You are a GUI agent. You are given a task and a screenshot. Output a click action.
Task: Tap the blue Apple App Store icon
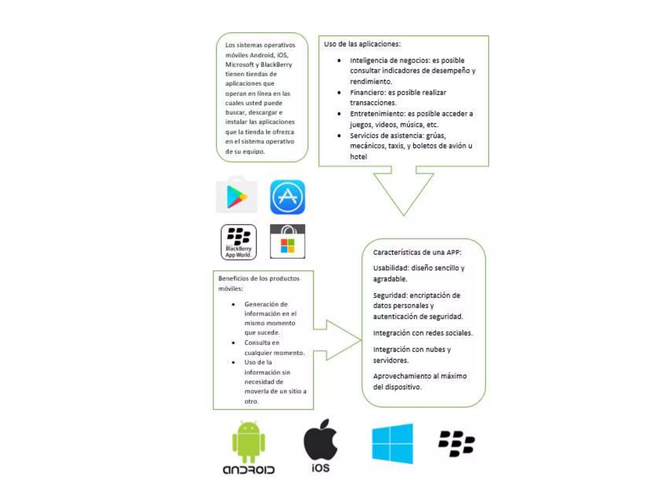[287, 197]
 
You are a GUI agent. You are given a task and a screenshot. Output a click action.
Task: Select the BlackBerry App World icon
[238, 242]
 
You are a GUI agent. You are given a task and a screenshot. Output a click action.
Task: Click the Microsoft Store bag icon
[287, 242]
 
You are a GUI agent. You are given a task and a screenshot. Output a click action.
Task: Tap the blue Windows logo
[392, 443]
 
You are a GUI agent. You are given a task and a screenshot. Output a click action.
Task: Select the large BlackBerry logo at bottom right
[456, 443]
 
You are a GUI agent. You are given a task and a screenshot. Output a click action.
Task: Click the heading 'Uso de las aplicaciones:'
[362, 44]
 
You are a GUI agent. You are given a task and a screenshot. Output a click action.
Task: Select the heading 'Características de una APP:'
[417, 252]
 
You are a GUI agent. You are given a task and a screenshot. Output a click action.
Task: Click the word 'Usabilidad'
[391, 268]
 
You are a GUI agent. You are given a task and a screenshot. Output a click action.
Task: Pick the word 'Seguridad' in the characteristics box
[390, 295]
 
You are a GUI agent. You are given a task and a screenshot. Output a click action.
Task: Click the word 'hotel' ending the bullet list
[358, 157]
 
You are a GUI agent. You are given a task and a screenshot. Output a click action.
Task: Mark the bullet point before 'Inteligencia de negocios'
[339, 61]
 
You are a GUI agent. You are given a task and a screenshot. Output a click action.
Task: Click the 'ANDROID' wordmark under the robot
[248, 470]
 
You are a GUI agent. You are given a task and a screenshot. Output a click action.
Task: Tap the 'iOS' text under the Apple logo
[320, 468]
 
